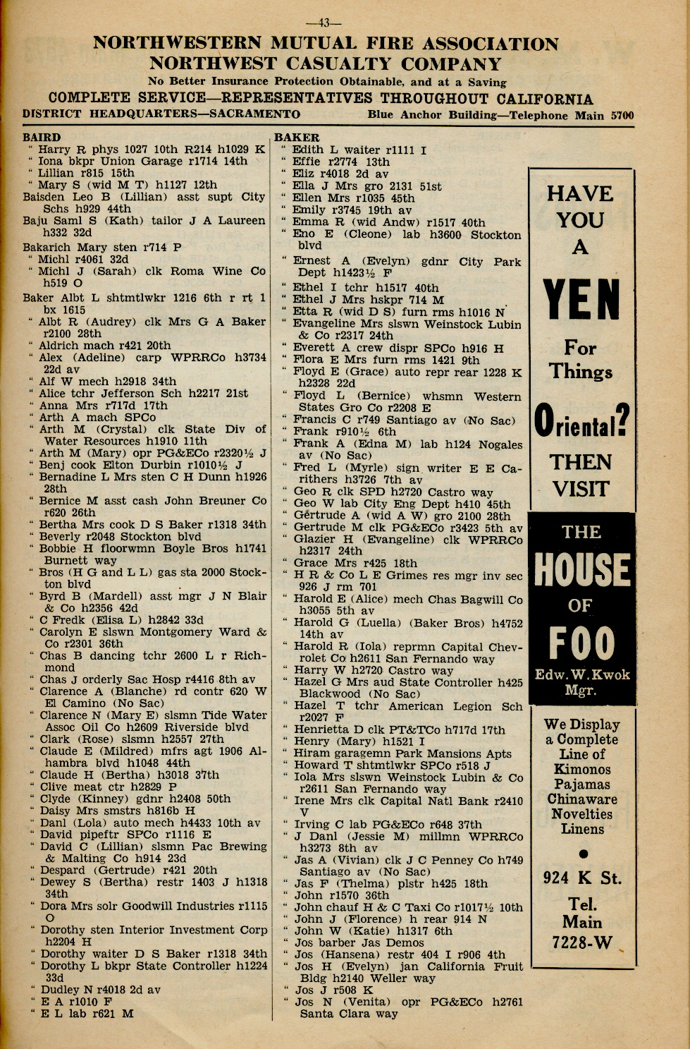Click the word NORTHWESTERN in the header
pos(176,43)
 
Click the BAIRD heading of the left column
pos(42,138)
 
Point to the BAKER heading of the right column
pos(297,138)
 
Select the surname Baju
pos(35,221)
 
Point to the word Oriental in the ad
pos(581,421)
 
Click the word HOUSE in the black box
pos(581,570)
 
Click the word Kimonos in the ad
pos(581,769)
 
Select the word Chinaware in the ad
pos(581,799)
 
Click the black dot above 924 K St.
pos(582,853)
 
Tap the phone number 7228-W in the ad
pos(581,942)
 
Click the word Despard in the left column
pos(64,871)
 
